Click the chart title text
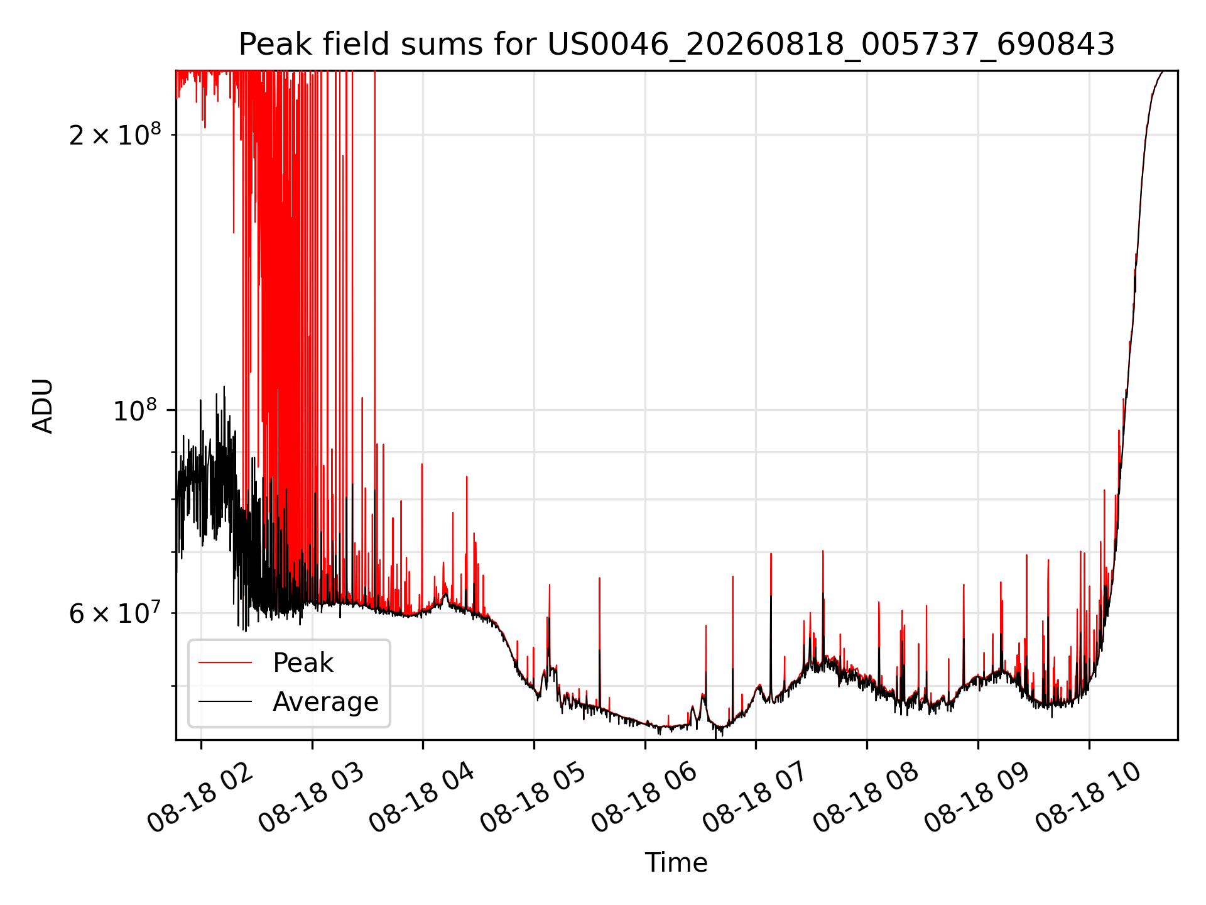pos(676,45)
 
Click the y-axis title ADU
pos(43,406)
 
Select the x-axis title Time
pos(676,862)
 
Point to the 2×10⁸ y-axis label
pos(115,134)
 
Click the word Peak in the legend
pos(303,663)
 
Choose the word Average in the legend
pos(325,701)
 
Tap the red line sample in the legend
pos(225,662)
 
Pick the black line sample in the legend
pos(225,701)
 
